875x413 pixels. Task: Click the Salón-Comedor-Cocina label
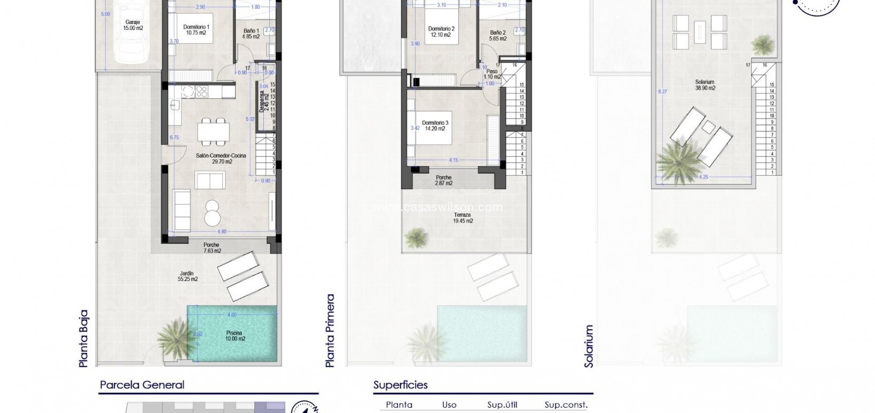click(221, 158)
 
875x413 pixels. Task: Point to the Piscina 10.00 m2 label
click(234, 336)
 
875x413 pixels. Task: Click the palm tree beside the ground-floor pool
click(173, 336)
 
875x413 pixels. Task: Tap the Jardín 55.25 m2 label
click(187, 276)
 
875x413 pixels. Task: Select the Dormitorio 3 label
click(435, 126)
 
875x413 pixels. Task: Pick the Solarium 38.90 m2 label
click(705, 85)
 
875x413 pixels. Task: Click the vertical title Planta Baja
click(83, 339)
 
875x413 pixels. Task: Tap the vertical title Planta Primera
click(331, 330)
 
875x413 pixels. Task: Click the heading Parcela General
click(142, 385)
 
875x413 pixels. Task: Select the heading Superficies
click(400, 385)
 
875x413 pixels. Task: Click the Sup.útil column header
click(502, 405)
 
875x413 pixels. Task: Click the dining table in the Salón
click(213, 131)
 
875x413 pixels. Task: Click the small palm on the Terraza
click(416, 236)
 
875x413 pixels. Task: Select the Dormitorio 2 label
click(441, 32)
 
